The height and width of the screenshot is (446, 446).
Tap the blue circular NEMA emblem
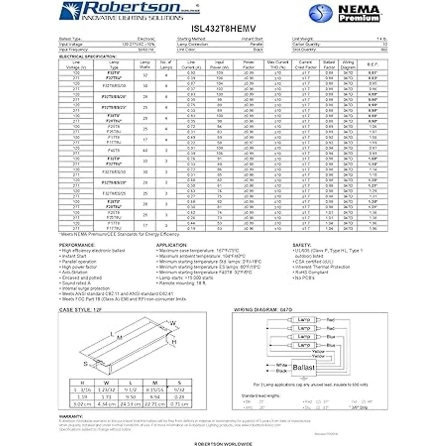pyautogui.click(x=321, y=13)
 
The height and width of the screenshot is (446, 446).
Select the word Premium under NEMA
pyautogui.click(x=359, y=17)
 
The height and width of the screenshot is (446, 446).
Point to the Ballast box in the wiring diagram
pyautogui.click(x=304, y=367)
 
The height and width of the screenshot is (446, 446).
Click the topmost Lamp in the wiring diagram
pyautogui.click(x=304, y=320)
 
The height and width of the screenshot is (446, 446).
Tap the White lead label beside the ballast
pyautogui.click(x=282, y=365)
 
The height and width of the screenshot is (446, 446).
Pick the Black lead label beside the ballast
pyautogui.click(x=281, y=371)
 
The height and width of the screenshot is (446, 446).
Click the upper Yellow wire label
pyautogui.click(x=318, y=351)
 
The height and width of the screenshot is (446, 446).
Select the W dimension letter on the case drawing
pyautogui.click(x=173, y=323)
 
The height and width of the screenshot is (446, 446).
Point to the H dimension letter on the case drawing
pyautogui.click(x=174, y=342)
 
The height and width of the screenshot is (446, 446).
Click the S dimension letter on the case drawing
pyautogui.click(x=85, y=363)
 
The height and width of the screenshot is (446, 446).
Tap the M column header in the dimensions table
pyautogui.click(x=155, y=383)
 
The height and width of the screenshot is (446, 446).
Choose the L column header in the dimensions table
pyautogui.click(x=130, y=383)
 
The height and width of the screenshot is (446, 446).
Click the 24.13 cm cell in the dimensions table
pyautogui.click(x=130, y=404)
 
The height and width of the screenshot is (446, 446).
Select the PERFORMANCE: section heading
pyautogui.click(x=77, y=245)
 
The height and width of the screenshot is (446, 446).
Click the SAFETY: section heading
pyautogui.click(x=302, y=245)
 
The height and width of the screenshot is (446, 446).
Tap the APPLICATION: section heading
pyautogui.click(x=172, y=245)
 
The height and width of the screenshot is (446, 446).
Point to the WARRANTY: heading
pyautogui.click(x=71, y=417)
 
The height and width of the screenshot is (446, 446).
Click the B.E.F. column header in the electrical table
pyautogui.click(x=372, y=65)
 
